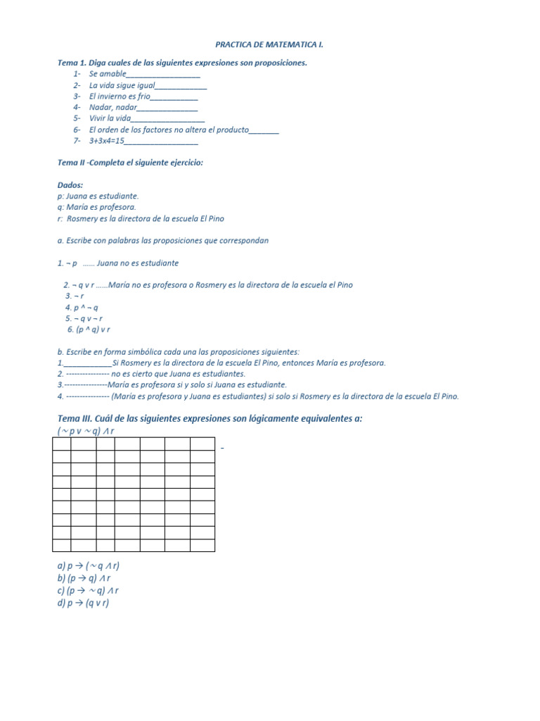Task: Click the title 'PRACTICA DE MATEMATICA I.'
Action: (270, 44)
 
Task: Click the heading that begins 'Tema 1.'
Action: (182, 63)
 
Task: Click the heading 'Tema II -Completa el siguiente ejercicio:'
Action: (130, 163)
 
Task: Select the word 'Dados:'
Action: (70, 184)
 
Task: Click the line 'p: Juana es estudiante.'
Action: (98, 196)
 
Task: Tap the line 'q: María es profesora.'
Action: (97, 207)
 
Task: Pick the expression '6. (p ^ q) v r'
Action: (89, 330)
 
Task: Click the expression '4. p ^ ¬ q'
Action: (82, 308)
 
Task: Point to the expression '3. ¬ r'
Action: (75, 296)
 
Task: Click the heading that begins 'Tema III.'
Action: (210, 418)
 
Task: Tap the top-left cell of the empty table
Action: (61, 444)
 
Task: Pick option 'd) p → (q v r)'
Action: (84, 603)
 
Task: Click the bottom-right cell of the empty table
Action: (202, 545)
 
